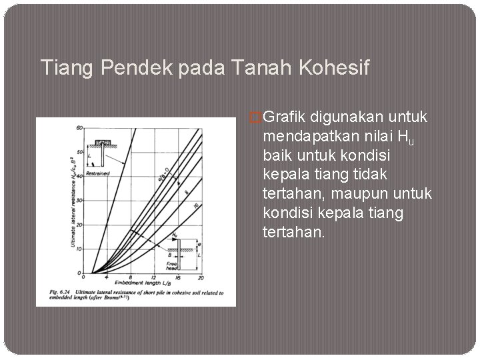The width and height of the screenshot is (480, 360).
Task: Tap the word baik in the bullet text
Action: (277, 156)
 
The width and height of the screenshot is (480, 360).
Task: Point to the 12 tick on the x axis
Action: (154, 277)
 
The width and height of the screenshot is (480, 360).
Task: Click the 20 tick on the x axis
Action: (201, 277)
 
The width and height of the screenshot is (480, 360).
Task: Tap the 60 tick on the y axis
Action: (79, 127)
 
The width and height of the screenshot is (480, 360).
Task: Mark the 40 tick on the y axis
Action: (79, 175)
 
